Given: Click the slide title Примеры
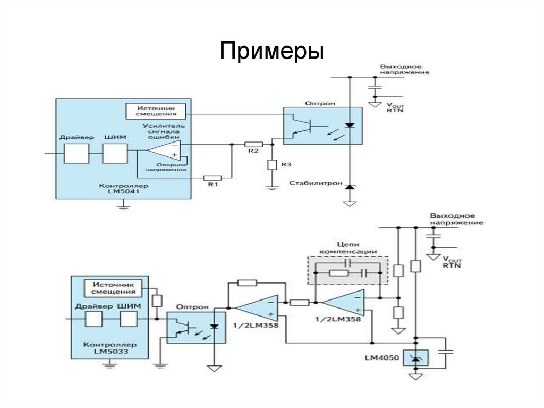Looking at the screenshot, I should point(271,52).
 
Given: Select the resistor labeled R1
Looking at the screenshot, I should point(212,178).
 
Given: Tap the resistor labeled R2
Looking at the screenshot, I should point(253,144).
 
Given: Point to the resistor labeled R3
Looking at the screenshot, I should point(272,165).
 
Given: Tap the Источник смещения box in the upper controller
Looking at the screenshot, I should point(156,111).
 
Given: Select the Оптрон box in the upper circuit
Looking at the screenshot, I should point(322,126).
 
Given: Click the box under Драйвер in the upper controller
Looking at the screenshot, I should point(76,154).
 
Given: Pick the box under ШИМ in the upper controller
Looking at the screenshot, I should point(115,154).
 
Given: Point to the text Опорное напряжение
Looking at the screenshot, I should point(167,167).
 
